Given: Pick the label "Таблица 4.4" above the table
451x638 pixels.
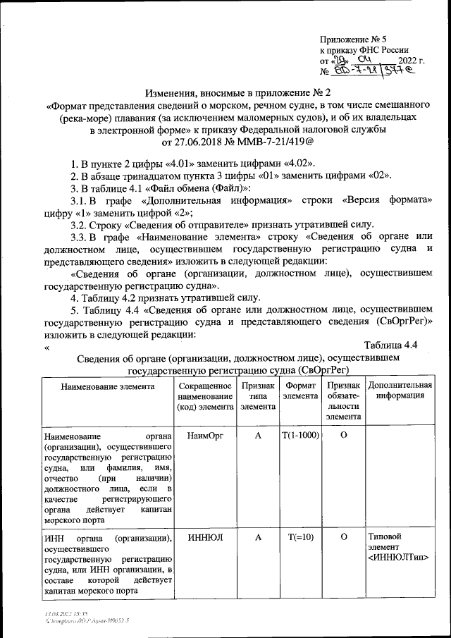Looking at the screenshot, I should (393, 345).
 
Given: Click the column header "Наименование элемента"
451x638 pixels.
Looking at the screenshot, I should (107, 386).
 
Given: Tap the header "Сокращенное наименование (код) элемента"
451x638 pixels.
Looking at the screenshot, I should (205, 396).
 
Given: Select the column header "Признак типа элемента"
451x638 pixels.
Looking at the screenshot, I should (258, 396).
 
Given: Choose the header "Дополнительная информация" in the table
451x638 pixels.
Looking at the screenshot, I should (400, 391).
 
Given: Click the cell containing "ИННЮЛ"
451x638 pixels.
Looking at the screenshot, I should (205, 537).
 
